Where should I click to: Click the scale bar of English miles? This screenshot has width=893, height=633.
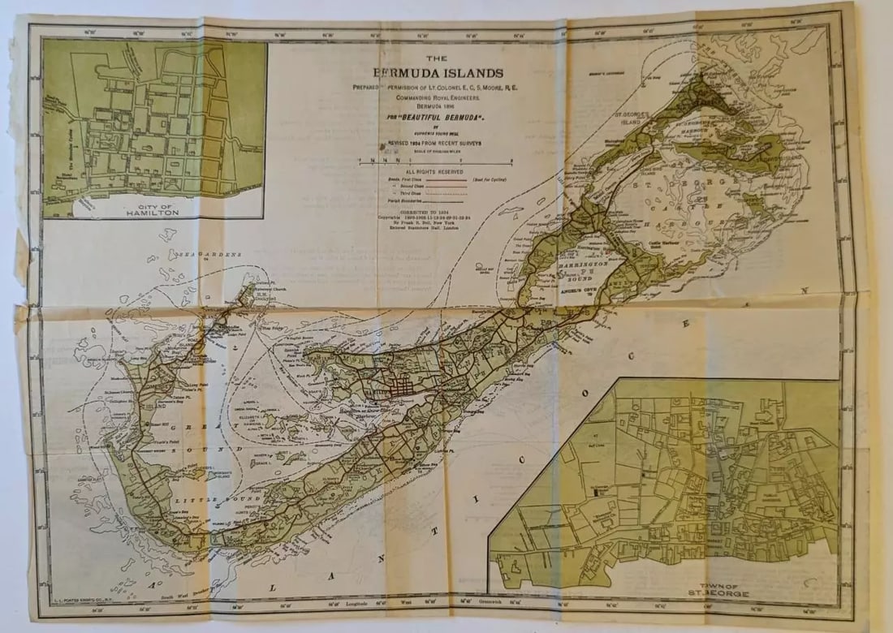[x=430, y=161]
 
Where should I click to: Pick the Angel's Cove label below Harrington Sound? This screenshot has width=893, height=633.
[x=578, y=289]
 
